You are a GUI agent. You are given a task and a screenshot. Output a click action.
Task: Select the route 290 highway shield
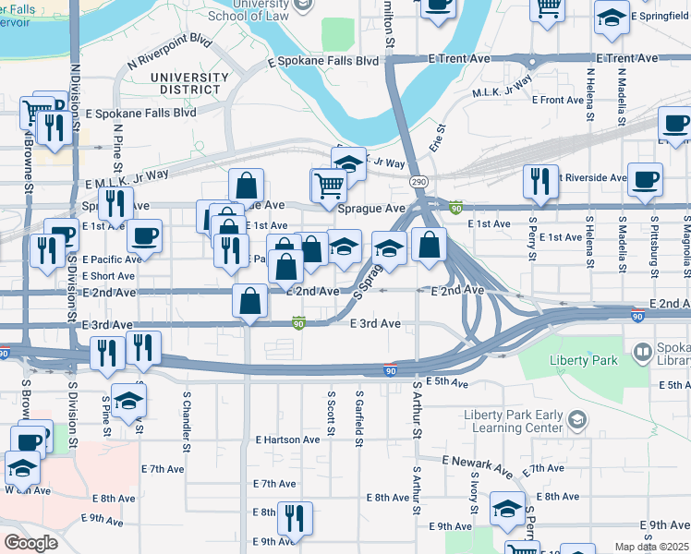point(419,182)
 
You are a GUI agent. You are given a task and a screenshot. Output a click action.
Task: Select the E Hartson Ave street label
point(287,440)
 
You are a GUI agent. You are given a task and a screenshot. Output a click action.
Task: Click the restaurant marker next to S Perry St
point(539,182)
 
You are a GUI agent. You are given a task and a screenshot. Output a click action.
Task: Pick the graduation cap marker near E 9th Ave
point(507,510)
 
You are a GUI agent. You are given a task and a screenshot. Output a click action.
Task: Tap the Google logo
point(30,542)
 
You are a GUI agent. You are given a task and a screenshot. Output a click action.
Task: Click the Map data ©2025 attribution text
point(652,547)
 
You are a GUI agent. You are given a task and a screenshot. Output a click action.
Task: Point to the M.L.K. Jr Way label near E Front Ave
point(503,87)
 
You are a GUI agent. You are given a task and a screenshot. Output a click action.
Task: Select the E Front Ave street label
point(558,100)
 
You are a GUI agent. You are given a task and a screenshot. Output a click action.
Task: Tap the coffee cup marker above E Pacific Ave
point(144,236)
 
